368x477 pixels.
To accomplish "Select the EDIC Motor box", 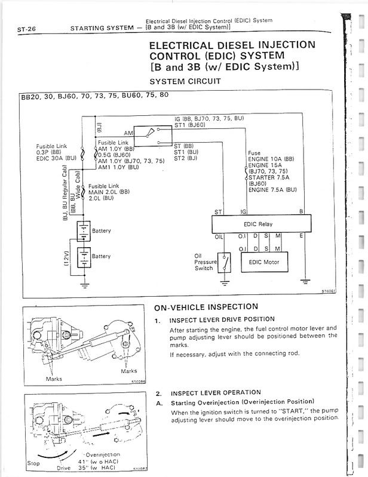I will [x=263, y=262].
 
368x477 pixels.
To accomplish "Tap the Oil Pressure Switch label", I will [x=204, y=263].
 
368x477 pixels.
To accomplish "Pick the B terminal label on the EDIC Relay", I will [x=300, y=212].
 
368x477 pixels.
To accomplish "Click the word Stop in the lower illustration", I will [x=34, y=463].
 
